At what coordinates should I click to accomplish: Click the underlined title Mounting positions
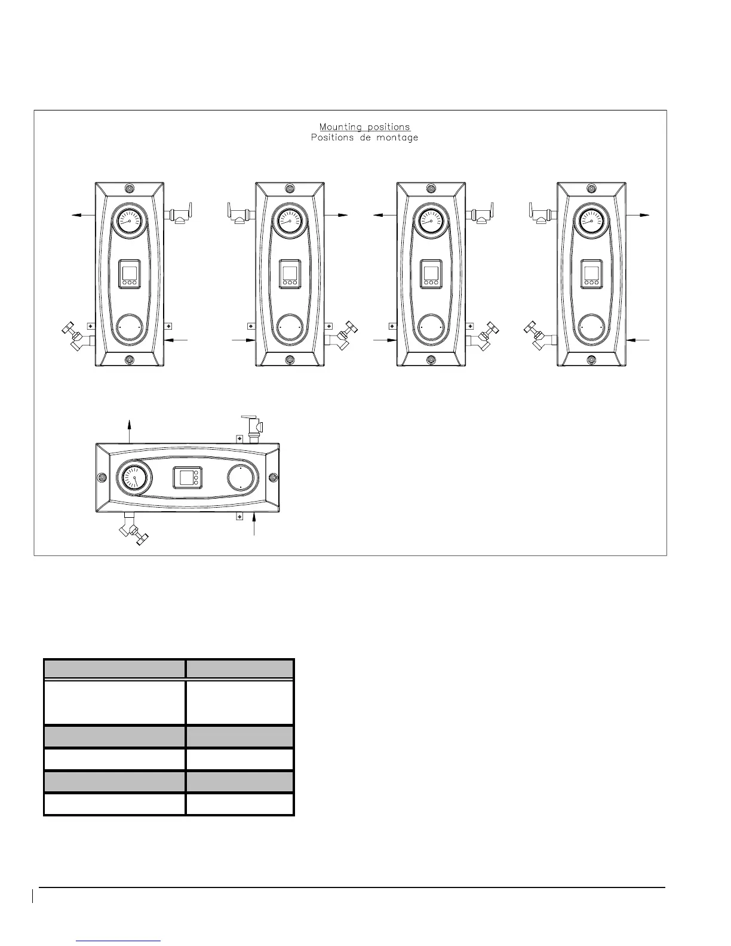[x=365, y=127]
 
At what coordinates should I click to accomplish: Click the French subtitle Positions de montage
[x=365, y=138]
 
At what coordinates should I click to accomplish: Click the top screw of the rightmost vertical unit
[x=591, y=189]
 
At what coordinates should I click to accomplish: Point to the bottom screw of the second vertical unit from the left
[x=290, y=360]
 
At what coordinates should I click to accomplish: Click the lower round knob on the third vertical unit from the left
[x=431, y=328]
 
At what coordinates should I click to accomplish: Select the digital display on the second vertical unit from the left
[x=290, y=274]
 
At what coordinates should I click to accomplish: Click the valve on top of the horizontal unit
[x=254, y=428]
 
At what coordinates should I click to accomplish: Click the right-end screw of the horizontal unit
[x=273, y=477]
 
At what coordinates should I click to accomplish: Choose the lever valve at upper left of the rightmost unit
[x=540, y=213]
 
